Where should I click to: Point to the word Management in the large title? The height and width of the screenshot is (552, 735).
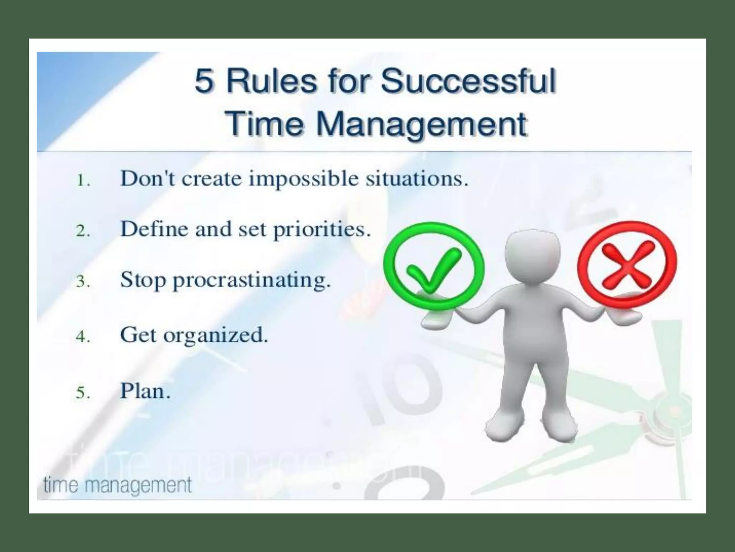[x=422, y=124]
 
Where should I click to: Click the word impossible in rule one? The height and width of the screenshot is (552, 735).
[x=303, y=179]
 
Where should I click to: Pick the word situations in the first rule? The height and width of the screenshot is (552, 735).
[x=417, y=179]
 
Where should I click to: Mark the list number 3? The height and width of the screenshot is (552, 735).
[x=83, y=281]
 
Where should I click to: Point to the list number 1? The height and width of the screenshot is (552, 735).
[x=83, y=180]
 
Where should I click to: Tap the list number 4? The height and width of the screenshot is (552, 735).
[x=83, y=337]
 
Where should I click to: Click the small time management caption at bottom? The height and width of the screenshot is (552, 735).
[x=117, y=485]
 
